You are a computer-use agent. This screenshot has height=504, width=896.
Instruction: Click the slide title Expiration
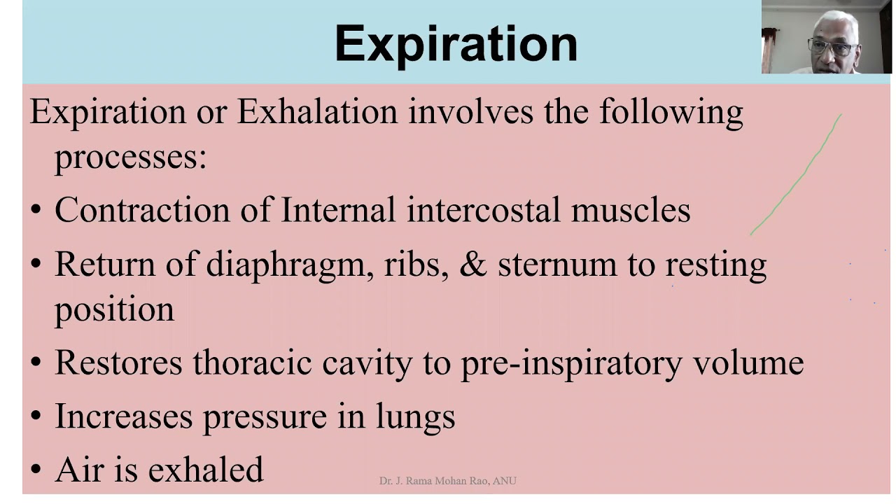pos(456,43)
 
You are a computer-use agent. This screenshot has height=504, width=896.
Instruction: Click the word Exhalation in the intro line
pos(316,112)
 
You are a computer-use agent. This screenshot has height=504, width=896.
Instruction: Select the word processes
pos(129,157)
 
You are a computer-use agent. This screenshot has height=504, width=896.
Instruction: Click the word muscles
pos(630,210)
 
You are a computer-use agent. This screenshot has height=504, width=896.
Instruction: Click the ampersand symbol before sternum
pos(472,264)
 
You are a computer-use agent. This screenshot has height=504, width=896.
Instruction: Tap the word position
pos(115,310)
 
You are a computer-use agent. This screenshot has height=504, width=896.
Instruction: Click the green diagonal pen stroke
pos(797,175)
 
